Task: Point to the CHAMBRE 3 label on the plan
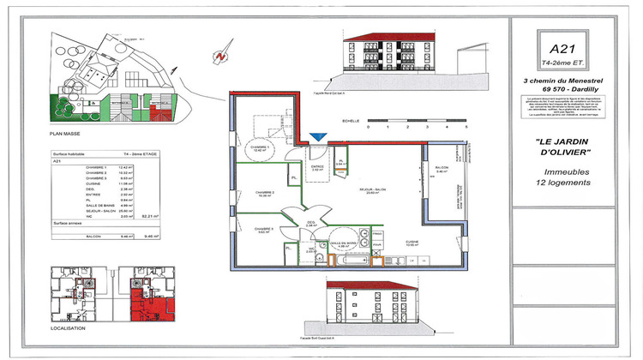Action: [263, 229]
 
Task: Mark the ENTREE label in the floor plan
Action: [316, 166]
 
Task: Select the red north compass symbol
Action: [221, 57]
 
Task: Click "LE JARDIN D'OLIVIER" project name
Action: [562, 147]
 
